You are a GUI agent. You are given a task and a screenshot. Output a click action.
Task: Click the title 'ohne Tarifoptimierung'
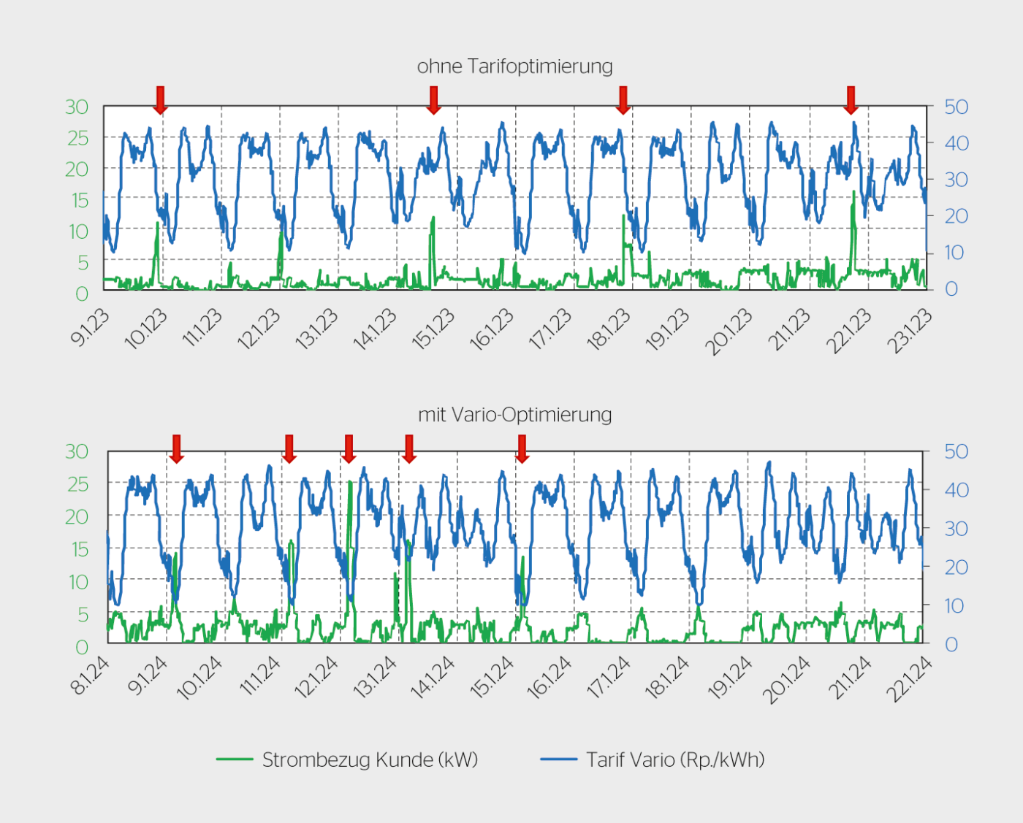click(514, 66)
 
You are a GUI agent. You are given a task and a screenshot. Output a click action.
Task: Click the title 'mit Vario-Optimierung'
click(514, 415)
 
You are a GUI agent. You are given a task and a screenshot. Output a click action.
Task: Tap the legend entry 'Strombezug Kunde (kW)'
click(370, 759)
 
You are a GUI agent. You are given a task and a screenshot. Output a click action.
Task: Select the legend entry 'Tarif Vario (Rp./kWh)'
click(675, 759)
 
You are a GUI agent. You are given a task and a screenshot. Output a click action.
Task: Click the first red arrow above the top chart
click(160, 99)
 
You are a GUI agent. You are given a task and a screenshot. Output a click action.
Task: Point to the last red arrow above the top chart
click(851, 99)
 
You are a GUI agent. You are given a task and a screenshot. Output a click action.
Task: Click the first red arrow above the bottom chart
click(176, 448)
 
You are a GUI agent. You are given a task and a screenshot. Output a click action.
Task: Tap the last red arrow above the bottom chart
click(522, 448)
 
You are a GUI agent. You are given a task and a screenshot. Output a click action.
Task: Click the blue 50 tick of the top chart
click(956, 107)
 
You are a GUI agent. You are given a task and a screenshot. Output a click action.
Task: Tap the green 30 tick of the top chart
click(77, 107)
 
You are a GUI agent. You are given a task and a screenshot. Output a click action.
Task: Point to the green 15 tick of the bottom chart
click(78, 549)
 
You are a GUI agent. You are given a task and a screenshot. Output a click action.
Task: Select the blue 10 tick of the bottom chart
click(954, 605)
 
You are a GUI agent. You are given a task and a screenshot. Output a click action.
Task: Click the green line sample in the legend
click(235, 759)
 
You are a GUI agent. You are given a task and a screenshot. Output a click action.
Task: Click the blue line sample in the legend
click(558, 759)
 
